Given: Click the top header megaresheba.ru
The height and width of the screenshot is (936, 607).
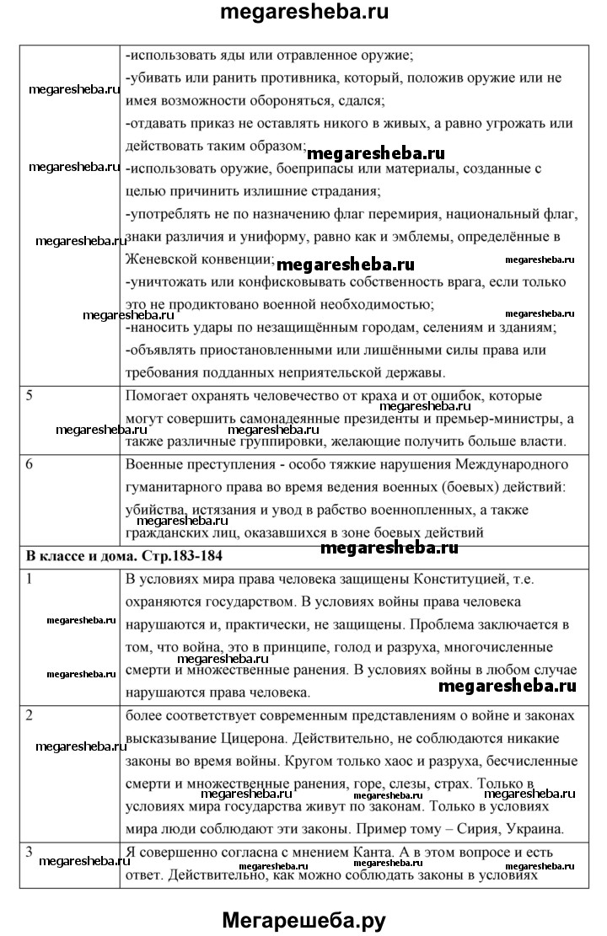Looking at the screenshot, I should coord(303,13).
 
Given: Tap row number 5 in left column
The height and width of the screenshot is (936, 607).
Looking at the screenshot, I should coord(30,396).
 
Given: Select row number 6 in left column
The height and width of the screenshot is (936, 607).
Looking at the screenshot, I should coord(30,464).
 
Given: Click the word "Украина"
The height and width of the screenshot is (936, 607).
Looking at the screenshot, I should coord(528,826).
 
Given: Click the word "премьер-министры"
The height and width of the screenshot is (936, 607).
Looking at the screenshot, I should coord(478,418).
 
